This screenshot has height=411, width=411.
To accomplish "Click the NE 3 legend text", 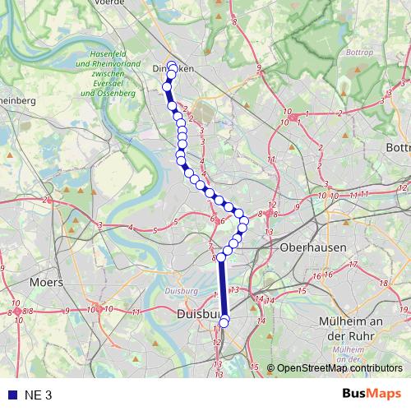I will pos(38,395).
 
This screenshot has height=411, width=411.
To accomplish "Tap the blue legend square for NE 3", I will pos(11,395).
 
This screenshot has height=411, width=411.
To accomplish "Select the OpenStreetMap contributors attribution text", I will pos(339,368).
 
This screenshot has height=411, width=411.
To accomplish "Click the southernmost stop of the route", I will pos(224,322).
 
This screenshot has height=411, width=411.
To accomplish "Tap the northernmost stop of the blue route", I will pos(172,67).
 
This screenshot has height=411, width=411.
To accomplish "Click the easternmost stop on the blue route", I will pos(244,221).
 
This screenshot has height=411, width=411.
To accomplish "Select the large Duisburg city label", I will pos(196,314).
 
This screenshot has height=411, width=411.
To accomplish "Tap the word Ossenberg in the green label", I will pos(119,94).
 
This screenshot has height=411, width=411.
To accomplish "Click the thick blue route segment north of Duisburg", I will pos(222,288).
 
